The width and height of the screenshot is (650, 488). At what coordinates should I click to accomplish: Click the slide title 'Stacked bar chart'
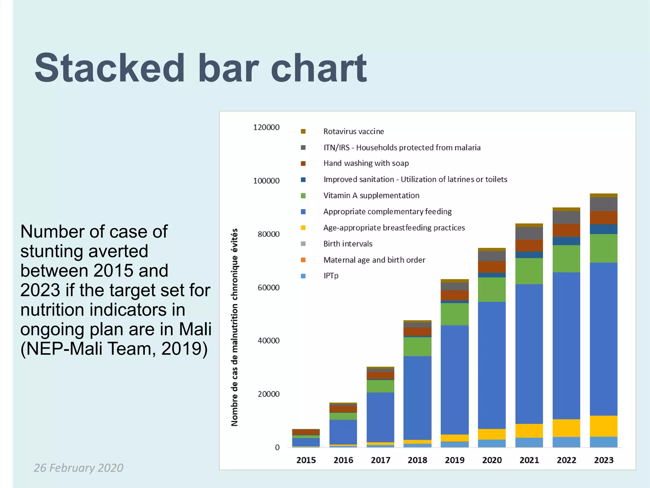pyautogui.click(x=201, y=68)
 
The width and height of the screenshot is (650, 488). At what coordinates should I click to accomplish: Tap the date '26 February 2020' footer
pyautogui.click(x=78, y=468)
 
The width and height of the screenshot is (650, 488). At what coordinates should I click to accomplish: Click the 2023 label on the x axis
pyautogui.click(x=604, y=460)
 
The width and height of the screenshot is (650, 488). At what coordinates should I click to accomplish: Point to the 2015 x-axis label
pyautogui.click(x=306, y=460)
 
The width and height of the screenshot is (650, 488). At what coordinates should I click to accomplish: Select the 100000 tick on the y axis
pyautogui.click(x=266, y=181)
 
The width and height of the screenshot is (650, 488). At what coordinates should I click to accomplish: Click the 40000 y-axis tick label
pyautogui.click(x=269, y=341)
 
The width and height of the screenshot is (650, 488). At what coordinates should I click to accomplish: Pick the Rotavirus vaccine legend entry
pyautogui.click(x=353, y=132)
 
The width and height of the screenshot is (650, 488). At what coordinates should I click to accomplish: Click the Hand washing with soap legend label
pyautogui.click(x=366, y=163)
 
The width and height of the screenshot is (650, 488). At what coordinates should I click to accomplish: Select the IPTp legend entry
pyautogui.click(x=331, y=276)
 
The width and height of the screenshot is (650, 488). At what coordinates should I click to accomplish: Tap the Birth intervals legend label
pyautogui.click(x=348, y=244)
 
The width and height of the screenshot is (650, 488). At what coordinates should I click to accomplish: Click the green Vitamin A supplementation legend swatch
pyautogui.click(x=303, y=196)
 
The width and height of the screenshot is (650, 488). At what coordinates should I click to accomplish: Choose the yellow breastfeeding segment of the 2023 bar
pyautogui.click(x=604, y=426)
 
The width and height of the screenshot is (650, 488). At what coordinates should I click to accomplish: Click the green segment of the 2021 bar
pyautogui.click(x=529, y=271)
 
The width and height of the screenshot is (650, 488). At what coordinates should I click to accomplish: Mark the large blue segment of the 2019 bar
pyautogui.click(x=454, y=380)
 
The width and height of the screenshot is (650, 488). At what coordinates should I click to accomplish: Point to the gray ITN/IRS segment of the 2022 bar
pyautogui.click(x=566, y=218)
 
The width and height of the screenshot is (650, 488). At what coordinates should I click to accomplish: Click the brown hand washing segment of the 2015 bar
pyautogui.click(x=306, y=432)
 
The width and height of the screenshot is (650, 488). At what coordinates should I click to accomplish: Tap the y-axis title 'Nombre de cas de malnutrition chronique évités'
pyautogui.click(x=234, y=327)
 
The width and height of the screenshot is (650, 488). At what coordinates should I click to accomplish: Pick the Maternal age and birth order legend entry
pyautogui.click(x=374, y=260)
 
